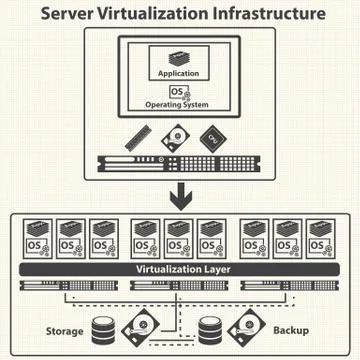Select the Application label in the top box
[x=179, y=74]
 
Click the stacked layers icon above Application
[x=179, y=57]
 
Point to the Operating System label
[x=180, y=105]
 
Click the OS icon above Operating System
[x=179, y=91]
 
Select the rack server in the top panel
[x=179, y=163]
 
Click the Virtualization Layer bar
[x=179, y=270]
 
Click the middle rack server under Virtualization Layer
[x=179, y=287]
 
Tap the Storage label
[x=64, y=330]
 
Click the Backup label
[x=292, y=330]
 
